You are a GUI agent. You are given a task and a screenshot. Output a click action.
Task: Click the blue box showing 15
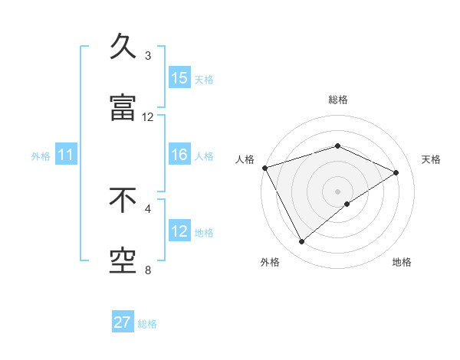[x=179, y=78]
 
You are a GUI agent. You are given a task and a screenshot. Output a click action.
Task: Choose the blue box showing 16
[x=179, y=155]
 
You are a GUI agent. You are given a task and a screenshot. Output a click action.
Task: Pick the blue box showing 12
[x=179, y=231]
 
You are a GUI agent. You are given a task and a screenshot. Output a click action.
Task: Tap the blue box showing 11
[x=66, y=155]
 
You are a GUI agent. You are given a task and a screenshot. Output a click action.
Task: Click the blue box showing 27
[x=123, y=322]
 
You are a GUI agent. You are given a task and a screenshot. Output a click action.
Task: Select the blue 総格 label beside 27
[x=147, y=324]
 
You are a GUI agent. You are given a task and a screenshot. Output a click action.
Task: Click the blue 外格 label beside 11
[x=41, y=156]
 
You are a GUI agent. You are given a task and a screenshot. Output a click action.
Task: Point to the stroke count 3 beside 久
[x=148, y=56]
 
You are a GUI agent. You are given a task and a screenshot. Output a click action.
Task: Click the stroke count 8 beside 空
[x=148, y=270]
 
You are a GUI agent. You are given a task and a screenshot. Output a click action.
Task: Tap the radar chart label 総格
[x=338, y=100]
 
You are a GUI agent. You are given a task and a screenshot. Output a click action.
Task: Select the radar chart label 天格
[x=431, y=159]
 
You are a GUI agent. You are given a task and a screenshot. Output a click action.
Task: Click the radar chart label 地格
[x=402, y=262]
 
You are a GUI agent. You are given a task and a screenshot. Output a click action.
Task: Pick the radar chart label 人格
[x=245, y=159]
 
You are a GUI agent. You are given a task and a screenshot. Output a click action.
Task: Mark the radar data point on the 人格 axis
[x=264, y=168]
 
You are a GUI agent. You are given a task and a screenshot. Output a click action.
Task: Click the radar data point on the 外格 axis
[x=301, y=242]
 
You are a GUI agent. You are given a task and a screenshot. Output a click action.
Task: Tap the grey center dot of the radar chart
[x=337, y=191]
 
